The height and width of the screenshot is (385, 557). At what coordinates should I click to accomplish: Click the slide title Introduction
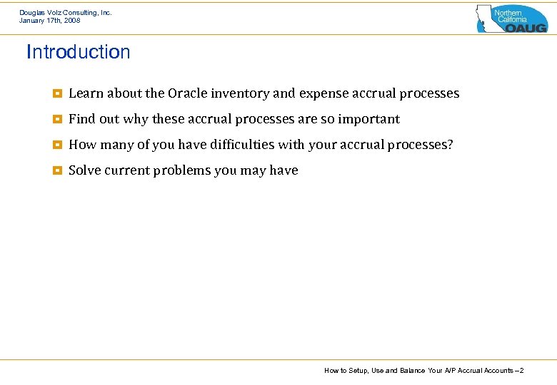point(79,52)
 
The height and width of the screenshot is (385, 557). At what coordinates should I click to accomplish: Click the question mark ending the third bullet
point(450,145)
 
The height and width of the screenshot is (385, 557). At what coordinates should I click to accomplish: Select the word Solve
point(84,170)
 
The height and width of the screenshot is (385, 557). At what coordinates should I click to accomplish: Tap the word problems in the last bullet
point(183,170)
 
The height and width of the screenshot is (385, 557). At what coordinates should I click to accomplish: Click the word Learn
point(86,93)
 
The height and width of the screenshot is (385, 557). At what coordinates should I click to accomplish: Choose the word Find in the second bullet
point(81,119)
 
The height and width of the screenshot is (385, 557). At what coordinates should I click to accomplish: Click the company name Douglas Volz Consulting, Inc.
point(66,12)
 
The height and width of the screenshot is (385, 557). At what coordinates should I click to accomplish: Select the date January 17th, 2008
point(50,21)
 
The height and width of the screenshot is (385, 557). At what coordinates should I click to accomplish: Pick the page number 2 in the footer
point(522,371)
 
